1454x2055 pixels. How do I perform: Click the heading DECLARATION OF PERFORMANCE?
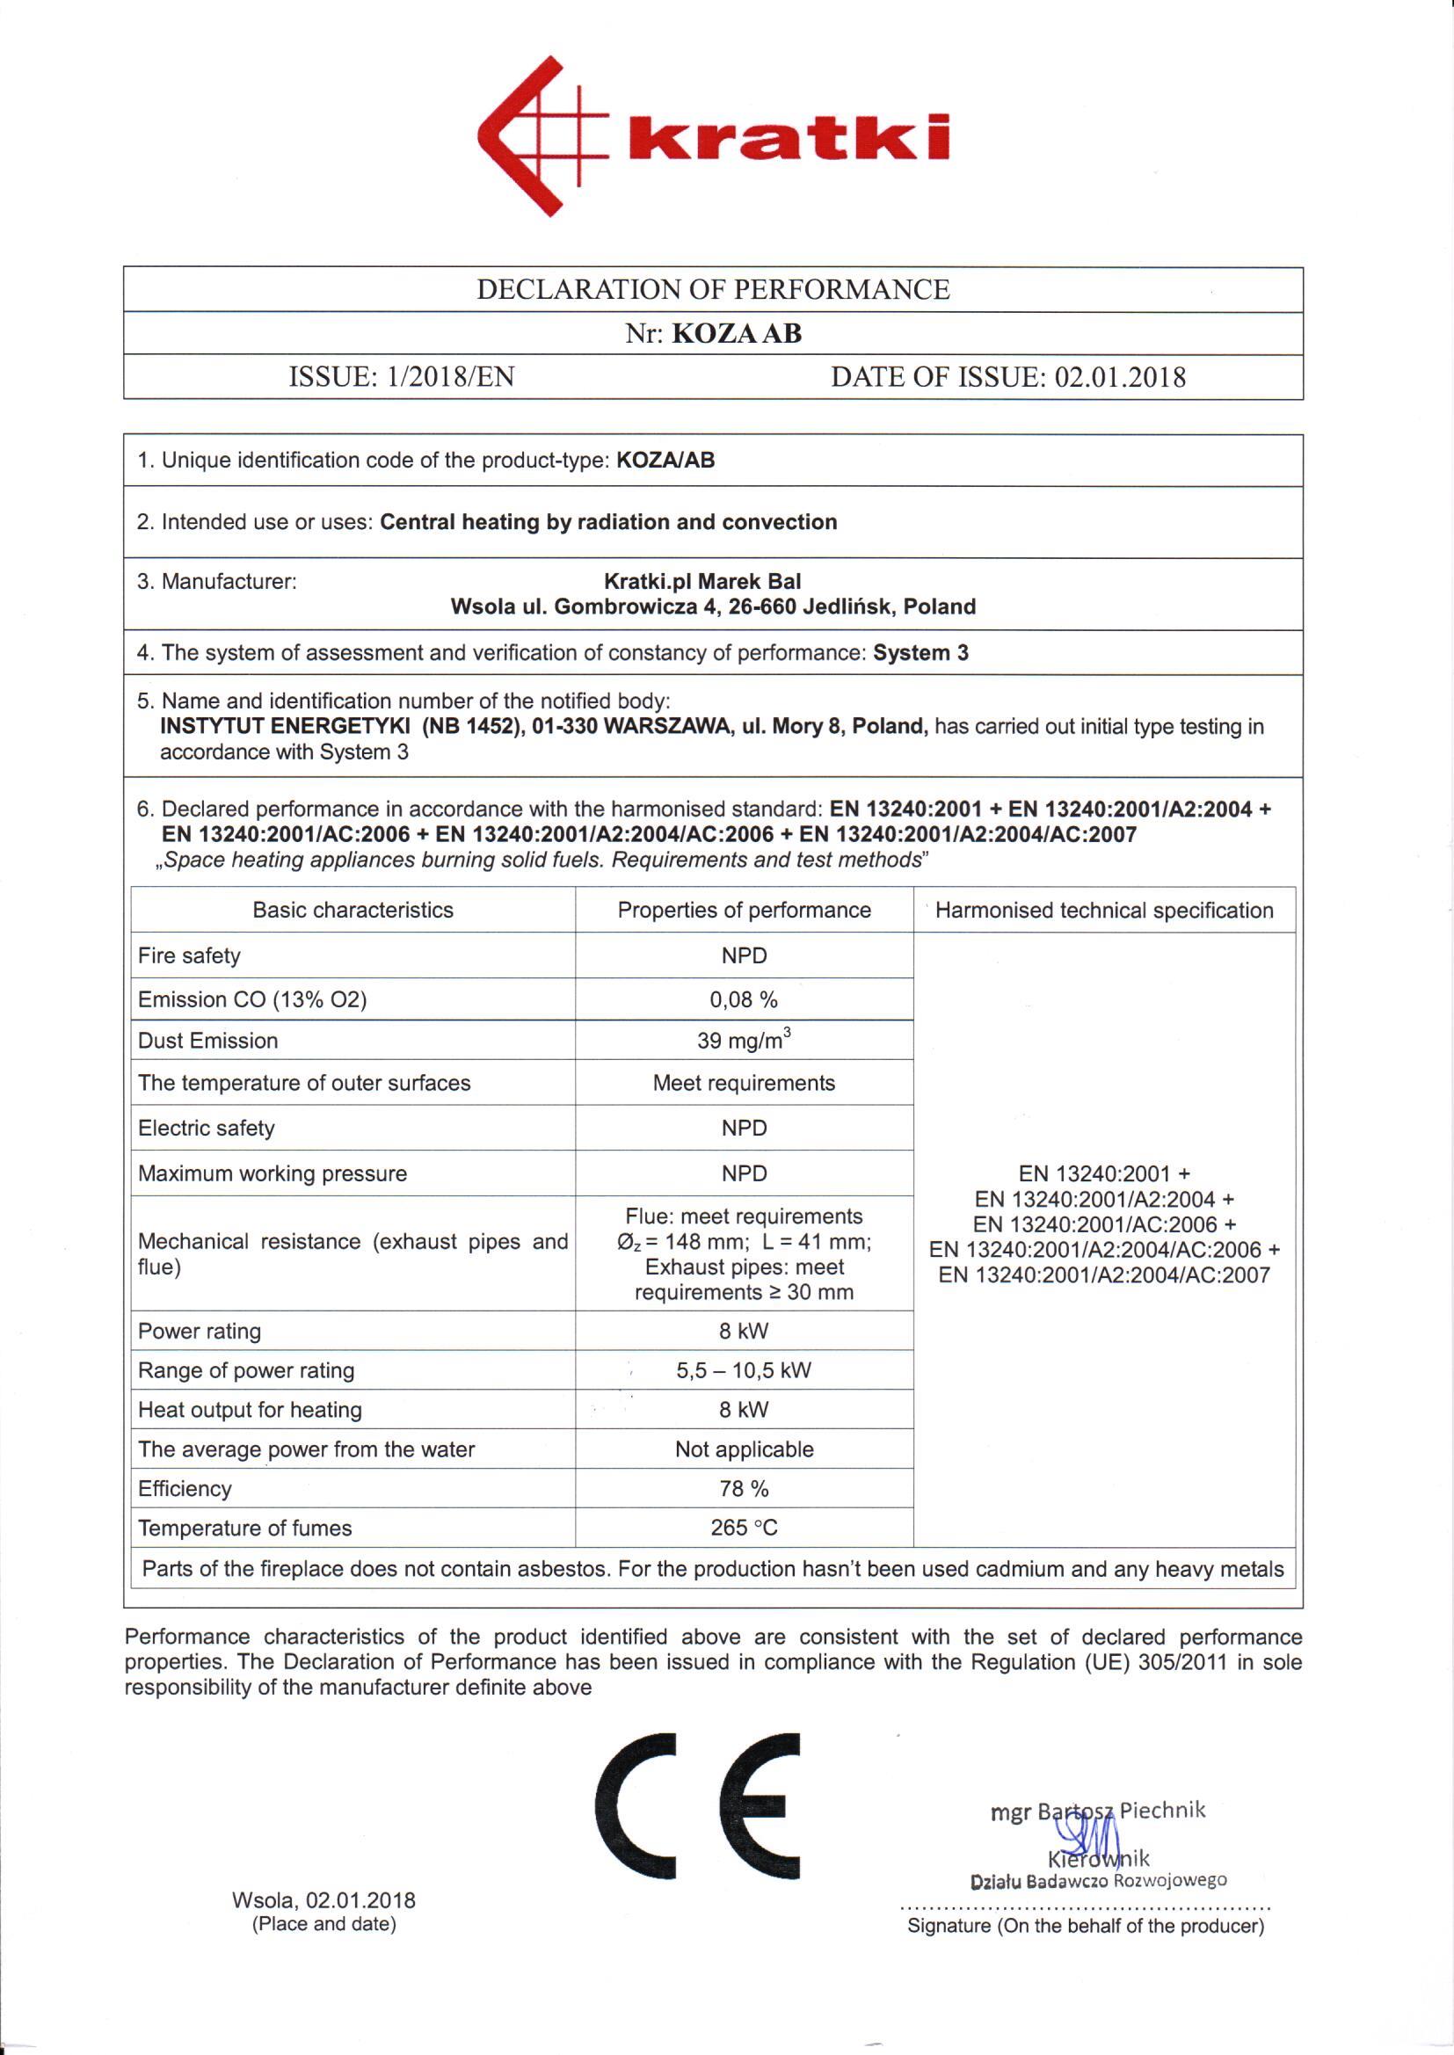click(713, 289)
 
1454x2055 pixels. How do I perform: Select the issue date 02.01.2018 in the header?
click(1120, 377)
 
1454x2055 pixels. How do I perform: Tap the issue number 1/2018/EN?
click(450, 377)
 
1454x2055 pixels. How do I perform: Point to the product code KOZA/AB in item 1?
click(665, 460)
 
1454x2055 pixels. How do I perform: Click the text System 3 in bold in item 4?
click(920, 652)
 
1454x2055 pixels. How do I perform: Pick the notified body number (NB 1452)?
click(472, 726)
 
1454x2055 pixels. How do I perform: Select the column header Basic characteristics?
click(353, 910)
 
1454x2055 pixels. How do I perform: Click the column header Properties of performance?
click(744, 910)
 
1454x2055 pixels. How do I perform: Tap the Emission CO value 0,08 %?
click(744, 998)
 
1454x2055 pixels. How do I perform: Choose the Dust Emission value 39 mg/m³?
click(744, 1040)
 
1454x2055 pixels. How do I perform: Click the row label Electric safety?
click(206, 1128)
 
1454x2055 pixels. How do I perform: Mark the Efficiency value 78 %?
click(744, 1488)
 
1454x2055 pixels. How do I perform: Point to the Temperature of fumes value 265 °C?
click(744, 1528)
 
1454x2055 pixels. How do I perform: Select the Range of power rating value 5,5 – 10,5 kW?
click(744, 1370)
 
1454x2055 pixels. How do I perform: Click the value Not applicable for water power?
click(744, 1449)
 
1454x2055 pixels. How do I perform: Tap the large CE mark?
click(697, 1805)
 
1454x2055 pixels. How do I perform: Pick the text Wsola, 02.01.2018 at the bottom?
click(324, 1900)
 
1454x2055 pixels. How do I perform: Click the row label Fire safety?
click(189, 955)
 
